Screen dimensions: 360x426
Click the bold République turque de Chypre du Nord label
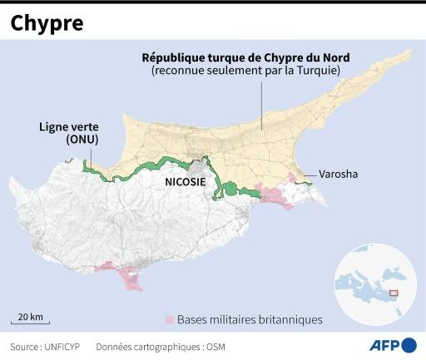[x=245, y=57]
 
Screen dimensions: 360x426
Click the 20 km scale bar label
[x=30, y=316]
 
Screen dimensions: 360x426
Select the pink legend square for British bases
[x=169, y=319]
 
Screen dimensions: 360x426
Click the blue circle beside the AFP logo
[x=409, y=345]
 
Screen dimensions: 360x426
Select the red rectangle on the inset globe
[x=394, y=292]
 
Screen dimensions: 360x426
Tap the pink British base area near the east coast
[x=275, y=196]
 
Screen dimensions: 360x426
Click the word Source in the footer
[x=24, y=346]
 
